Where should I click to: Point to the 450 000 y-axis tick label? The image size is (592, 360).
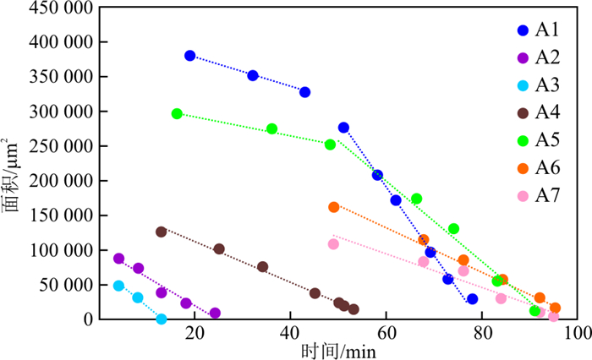click(x=58, y=8)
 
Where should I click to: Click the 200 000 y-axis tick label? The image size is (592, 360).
click(x=58, y=181)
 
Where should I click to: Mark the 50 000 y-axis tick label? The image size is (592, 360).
click(x=62, y=285)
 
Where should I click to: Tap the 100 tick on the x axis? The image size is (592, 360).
click(x=578, y=334)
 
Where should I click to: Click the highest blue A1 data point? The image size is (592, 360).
click(x=190, y=56)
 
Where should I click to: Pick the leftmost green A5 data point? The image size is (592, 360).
click(x=177, y=113)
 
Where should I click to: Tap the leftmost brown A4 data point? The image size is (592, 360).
click(x=162, y=232)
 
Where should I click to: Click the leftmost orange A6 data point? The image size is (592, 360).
click(x=334, y=207)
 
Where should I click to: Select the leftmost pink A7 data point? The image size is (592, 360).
click(x=333, y=244)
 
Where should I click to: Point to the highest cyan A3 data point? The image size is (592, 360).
click(x=119, y=286)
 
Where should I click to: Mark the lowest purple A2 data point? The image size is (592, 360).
click(x=215, y=314)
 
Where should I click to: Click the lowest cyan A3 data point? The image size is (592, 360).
click(x=162, y=319)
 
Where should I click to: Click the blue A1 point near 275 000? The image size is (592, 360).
click(x=343, y=128)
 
